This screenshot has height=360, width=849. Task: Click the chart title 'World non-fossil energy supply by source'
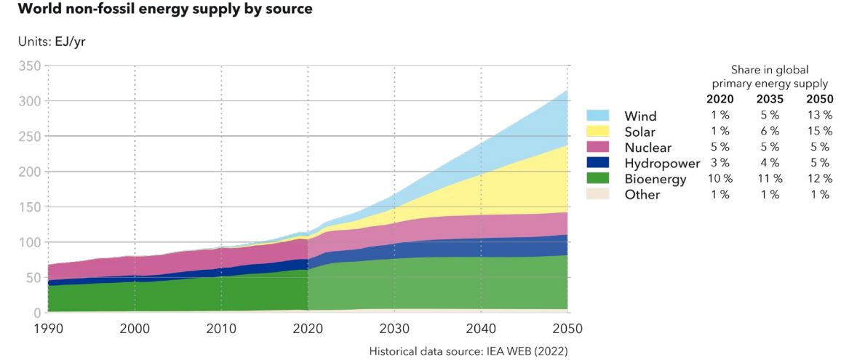157,9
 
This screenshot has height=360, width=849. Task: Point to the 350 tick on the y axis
28,66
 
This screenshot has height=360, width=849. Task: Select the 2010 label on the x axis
221,329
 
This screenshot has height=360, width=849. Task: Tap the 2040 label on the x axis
480,329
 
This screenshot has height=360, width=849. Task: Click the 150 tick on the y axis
28,207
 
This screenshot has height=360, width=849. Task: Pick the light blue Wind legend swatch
598,116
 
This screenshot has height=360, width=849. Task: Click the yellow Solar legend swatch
598,132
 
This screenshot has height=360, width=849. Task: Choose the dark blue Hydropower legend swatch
598,163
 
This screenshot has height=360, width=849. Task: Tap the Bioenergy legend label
655,179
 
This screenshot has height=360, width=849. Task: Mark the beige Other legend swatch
598,194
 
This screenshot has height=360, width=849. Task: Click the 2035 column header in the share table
770,99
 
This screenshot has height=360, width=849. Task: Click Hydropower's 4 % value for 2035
770,163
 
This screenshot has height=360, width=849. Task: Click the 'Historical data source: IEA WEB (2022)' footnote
468,351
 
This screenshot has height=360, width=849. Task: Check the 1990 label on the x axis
47,329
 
